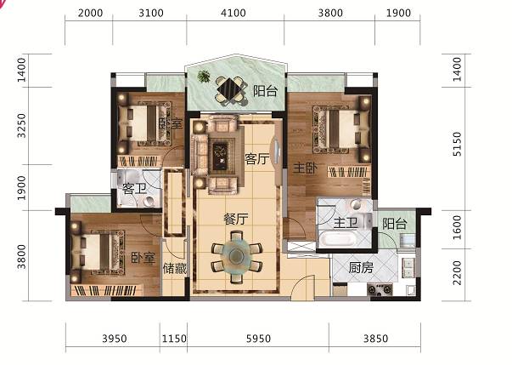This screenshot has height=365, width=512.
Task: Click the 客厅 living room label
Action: [257, 159]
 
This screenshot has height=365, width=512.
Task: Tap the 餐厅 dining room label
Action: [236, 219]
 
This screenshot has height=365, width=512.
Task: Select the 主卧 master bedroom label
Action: [305, 168]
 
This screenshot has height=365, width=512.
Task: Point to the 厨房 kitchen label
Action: [361, 268]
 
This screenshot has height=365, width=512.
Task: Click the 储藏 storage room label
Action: [175, 269]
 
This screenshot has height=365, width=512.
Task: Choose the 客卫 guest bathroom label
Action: [134, 189]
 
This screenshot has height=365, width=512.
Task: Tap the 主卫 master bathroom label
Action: [346, 224]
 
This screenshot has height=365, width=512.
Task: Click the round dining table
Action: [237, 255]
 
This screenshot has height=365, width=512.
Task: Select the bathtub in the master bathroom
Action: [338, 239]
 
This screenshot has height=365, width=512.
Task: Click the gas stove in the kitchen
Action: [380, 289]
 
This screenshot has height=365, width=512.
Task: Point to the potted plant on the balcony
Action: [204, 77]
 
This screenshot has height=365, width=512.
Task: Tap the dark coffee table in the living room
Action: [222, 157]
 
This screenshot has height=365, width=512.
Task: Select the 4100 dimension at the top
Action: [233, 13]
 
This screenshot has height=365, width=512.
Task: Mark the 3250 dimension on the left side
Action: [21, 126]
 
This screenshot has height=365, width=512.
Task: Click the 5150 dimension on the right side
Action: [458, 144]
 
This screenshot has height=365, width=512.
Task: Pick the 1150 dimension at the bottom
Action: [174, 339]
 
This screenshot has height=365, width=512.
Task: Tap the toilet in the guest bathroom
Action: [150, 201]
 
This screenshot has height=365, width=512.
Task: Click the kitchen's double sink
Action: [408, 268]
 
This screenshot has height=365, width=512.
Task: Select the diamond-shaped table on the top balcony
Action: [231, 89]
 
